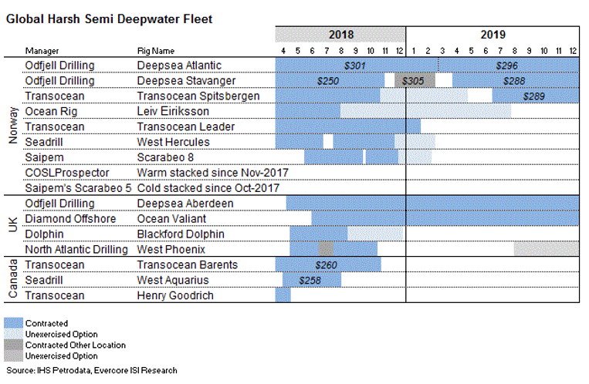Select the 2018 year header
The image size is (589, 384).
pos(340,35)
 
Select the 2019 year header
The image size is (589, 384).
pos(493,35)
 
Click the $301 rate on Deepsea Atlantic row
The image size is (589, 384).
pos(354,66)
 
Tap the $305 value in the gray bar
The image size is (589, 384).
pos(415,80)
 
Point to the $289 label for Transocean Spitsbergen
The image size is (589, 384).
pos(534,96)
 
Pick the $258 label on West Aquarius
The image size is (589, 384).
pos(310,280)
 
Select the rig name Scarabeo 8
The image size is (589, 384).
pos(160,157)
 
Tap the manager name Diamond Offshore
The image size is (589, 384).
pos(70,218)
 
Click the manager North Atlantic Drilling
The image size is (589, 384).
pos(76,249)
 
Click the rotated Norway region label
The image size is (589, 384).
pos(12,126)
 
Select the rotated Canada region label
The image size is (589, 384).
pos(12,280)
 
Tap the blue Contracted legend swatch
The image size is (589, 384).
pos(14,323)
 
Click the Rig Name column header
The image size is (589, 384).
pos(157,51)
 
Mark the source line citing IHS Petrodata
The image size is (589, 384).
pos(90,370)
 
